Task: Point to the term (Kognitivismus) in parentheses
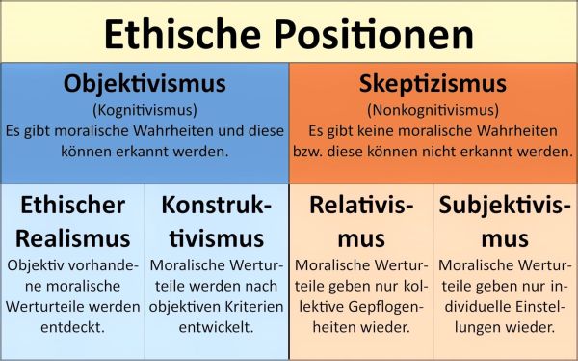[144, 109]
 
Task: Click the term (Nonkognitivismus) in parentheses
[433, 109]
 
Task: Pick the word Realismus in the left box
[72, 237]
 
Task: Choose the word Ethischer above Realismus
[72, 205]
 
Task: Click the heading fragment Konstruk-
[217, 205]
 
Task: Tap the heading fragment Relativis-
[361, 205]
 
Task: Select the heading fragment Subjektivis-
[505, 205]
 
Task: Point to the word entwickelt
[217, 327]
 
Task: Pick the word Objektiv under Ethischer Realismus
[39, 264]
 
